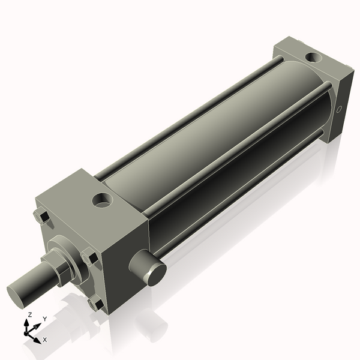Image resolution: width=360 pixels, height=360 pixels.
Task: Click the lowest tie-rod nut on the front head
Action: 94,304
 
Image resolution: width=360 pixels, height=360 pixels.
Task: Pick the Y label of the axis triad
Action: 44,319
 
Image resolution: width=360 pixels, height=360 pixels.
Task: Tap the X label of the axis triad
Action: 44,340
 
